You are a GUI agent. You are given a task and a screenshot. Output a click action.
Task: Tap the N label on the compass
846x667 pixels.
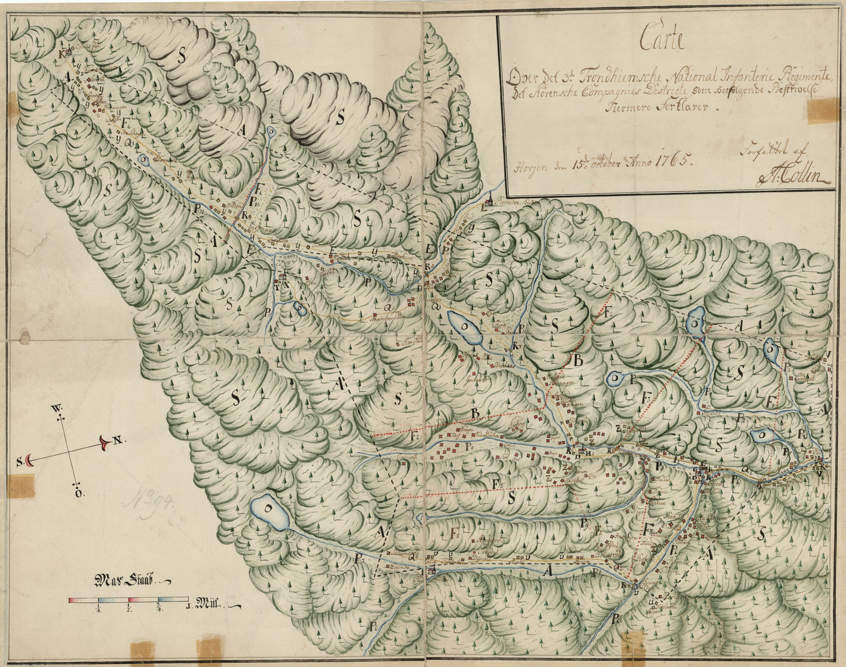(117, 441)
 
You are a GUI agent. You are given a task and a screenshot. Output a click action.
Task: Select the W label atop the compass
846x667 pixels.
(57, 407)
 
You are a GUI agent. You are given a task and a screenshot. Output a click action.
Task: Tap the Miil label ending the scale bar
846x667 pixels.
(208, 603)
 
